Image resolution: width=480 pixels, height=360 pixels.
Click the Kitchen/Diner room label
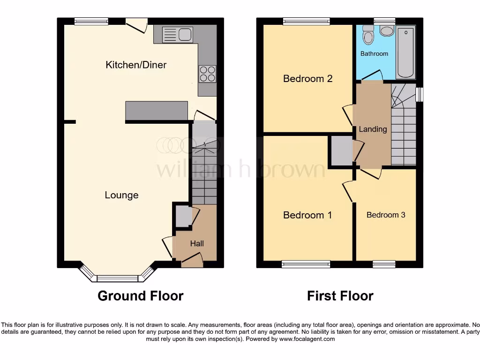tap(136, 65)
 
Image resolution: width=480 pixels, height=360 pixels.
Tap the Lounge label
tap(121, 195)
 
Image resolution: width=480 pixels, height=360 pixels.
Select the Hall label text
tap(197, 243)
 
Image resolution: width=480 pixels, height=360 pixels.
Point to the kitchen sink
tap(178, 34)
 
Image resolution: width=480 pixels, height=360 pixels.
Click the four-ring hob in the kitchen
tap(208, 74)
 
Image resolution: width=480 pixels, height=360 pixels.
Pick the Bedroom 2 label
tap(307, 78)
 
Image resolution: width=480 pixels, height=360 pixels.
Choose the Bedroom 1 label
tap(307, 215)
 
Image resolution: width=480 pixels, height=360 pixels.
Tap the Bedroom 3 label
tap(386, 215)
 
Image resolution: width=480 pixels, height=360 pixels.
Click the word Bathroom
tap(374, 53)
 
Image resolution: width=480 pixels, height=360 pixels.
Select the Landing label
tap(373, 129)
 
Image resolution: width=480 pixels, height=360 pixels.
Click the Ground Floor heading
tap(140, 296)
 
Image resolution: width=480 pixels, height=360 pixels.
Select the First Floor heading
tap(340, 296)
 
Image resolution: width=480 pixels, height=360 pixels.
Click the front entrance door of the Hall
tap(192, 259)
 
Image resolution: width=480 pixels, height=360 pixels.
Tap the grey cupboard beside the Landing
tap(342, 150)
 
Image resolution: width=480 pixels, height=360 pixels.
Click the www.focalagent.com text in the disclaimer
tap(307, 339)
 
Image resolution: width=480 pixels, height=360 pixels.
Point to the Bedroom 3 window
tap(384, 264)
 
